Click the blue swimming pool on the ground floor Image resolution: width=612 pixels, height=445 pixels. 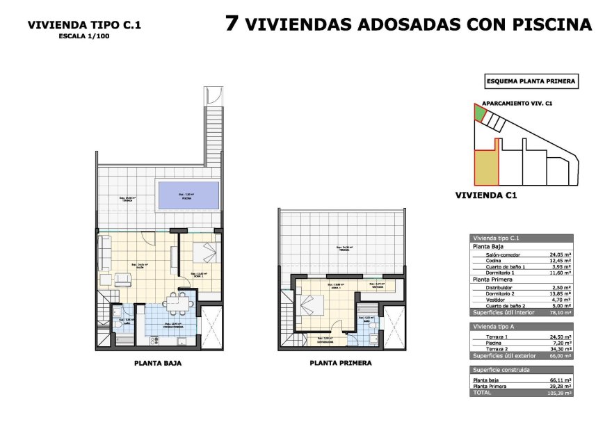182,195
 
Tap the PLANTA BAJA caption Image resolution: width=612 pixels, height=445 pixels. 158,363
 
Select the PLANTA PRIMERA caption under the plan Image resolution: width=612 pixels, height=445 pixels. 341,363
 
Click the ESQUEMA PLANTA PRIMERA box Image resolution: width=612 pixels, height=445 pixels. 531,81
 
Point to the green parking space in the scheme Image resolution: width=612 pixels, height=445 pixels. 479,113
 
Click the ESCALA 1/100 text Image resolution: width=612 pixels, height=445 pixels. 84,37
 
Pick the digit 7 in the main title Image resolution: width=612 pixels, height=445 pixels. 233,24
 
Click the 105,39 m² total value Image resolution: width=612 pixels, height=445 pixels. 559,393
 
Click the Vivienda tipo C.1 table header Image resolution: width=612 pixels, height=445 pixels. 495,238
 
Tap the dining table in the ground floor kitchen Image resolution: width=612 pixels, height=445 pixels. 177,304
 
